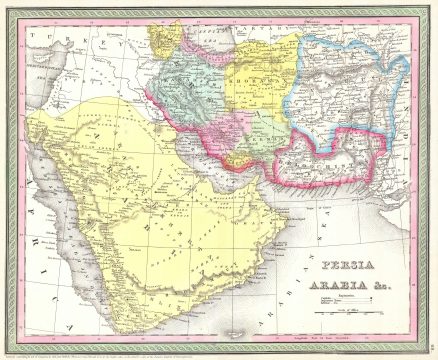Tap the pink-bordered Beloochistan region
coord(320,160)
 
